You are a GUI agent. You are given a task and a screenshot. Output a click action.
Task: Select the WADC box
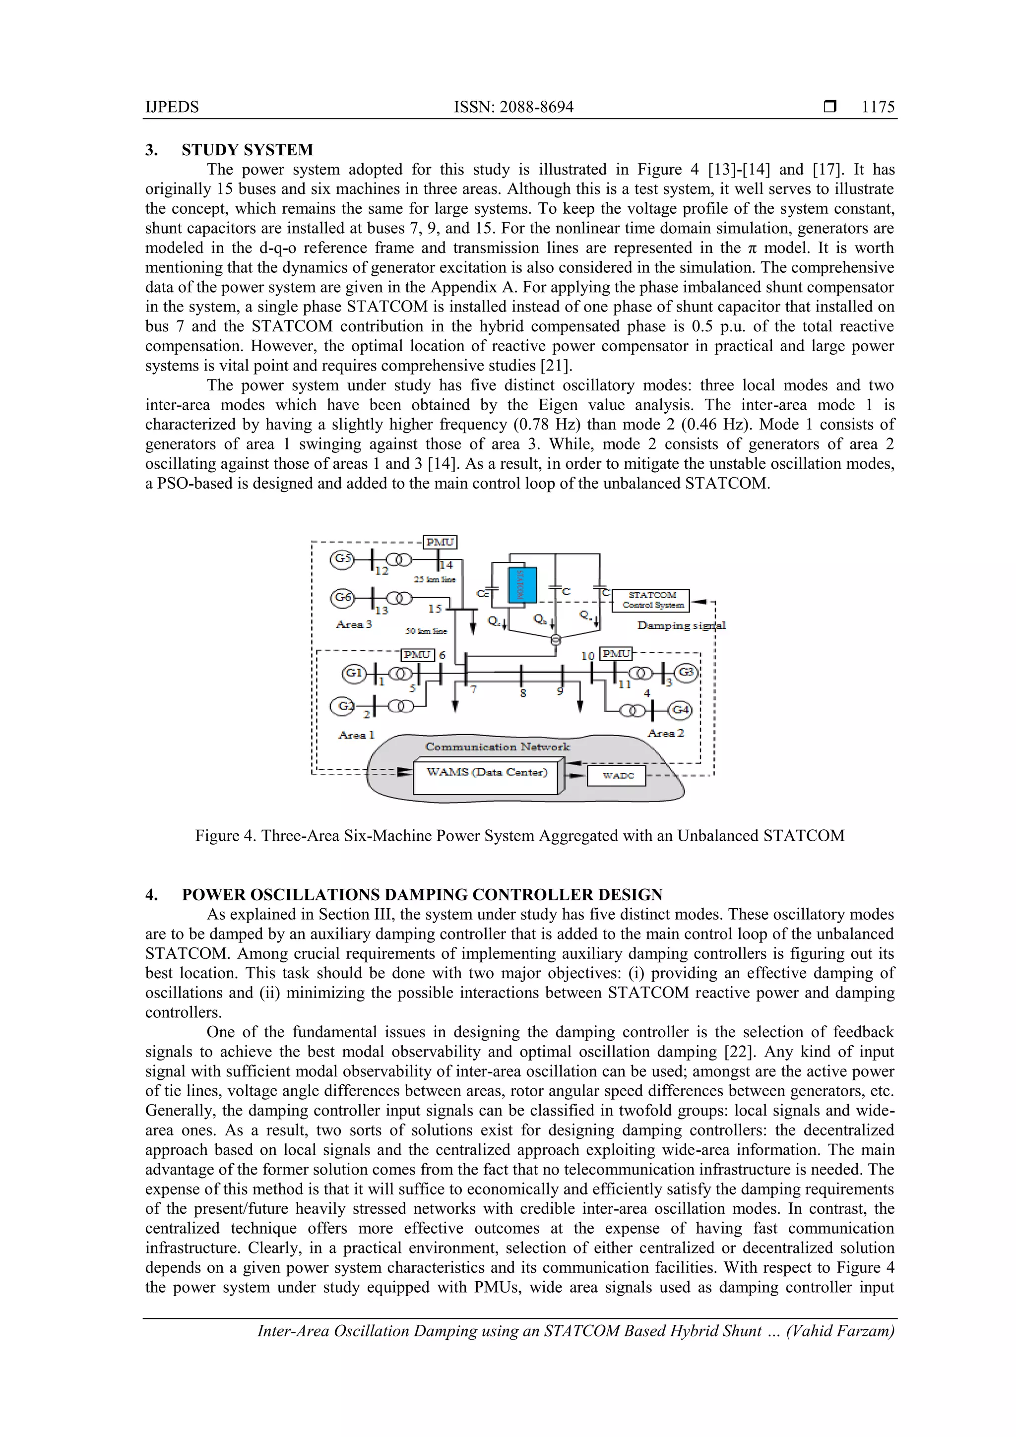point(617,775)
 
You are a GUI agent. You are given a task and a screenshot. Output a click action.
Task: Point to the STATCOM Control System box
point(651,600)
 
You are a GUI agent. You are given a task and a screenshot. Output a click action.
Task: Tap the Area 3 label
point(354,625)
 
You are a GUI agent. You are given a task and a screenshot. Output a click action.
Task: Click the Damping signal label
point(681,625)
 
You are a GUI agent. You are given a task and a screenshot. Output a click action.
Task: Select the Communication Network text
point(498,747)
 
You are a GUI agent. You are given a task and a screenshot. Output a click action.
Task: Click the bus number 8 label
point(523,693)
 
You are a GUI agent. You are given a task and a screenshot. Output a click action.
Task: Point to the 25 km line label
point(435,579)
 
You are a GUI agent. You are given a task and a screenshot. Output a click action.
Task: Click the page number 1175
point(878,107)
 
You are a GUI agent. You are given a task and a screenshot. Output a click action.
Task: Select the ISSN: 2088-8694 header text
point(513,107)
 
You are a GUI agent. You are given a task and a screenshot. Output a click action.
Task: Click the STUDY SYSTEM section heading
point(247,150)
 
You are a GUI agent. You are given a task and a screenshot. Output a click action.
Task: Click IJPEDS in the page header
point(172,107)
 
